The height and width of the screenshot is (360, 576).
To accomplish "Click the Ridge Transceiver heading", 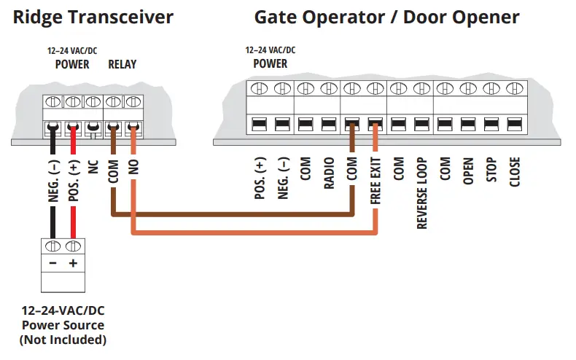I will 94,17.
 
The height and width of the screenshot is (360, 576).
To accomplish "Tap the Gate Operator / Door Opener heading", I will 386,17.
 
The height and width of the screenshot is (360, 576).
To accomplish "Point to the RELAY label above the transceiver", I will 122,64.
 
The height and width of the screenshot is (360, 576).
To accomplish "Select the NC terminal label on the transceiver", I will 93,167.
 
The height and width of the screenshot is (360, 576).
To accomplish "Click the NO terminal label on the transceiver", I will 133,167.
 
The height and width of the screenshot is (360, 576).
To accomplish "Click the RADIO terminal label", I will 330,174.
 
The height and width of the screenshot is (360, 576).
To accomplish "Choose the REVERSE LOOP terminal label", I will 422,193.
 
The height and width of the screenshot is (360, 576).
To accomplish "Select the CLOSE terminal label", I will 515,173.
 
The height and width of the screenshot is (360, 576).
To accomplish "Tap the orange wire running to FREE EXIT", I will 255,232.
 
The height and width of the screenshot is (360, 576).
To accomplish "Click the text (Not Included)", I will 63,340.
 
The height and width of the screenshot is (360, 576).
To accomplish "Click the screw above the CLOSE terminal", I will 515,89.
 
